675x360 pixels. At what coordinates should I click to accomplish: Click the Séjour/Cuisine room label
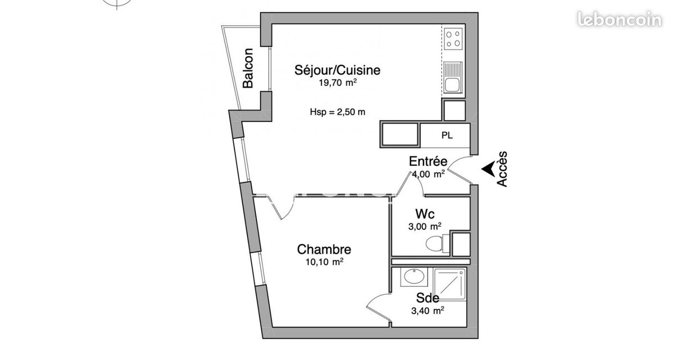pos(337,70)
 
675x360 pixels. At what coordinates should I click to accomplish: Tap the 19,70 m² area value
pos(338,83)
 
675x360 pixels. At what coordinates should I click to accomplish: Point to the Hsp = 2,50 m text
pos(337,112)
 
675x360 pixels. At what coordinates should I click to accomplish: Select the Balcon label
pos(248,68)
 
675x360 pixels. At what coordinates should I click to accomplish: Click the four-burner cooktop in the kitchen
pos(453,39)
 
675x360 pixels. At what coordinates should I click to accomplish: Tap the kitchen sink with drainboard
pos(453,78)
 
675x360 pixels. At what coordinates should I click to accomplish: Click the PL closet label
pos(447,136)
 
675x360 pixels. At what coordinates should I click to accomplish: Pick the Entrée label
pos(428,161)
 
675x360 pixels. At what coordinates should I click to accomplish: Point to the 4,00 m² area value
pos(428,174)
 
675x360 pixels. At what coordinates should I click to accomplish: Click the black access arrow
pos(489,169)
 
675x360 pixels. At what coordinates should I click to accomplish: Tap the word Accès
pos(502,169)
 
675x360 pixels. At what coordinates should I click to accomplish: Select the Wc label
pos(425,214)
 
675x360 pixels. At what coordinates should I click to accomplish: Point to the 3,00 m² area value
pos(425,226)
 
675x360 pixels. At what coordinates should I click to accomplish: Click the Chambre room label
pos(324,249)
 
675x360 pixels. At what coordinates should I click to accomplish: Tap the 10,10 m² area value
pos(325,262)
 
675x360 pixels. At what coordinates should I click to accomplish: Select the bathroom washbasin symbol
pos(414,277)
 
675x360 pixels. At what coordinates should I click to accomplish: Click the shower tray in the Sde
pos(449,284)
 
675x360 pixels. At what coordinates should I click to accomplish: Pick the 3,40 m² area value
pos(427,310)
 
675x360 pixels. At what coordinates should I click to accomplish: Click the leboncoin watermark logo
pos(619,19)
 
